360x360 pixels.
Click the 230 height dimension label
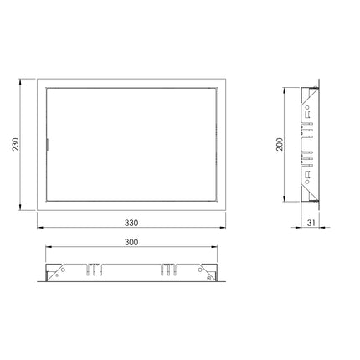[x=16, y=144]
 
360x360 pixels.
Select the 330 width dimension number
[x=131, y=223]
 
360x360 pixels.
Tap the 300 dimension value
[x=131, y=242]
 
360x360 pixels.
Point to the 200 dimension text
[x=280, y=144]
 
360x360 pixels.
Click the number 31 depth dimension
[x=311, y=223]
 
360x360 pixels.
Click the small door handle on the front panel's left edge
[x=48, y=144]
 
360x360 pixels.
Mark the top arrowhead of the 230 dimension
[x=20, y=82]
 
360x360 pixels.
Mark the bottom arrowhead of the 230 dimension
[x=20, y=207]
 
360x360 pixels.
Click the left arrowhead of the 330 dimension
[x=40, y=228]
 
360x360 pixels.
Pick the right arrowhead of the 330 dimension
[x=222, y=228]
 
